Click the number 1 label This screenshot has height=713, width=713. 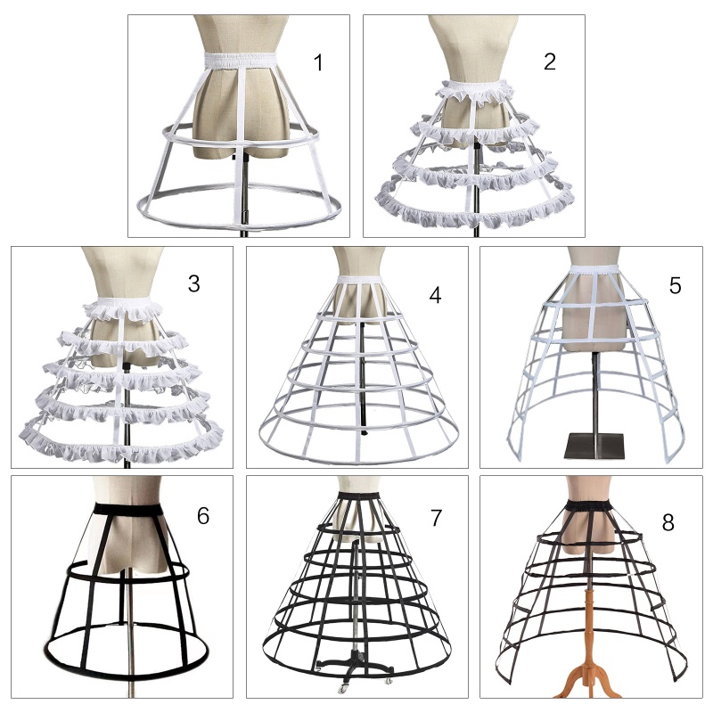click(x=319, y=63)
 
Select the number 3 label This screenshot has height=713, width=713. click(x=194, y=284)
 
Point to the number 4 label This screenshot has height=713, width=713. click(x=435, y=294)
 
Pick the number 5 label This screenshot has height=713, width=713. click(x=675, y=285)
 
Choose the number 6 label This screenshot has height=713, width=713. click(x=203, y=515)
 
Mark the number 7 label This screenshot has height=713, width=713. click(x=436, y=517)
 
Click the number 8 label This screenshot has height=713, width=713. click(x=668, y=522)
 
